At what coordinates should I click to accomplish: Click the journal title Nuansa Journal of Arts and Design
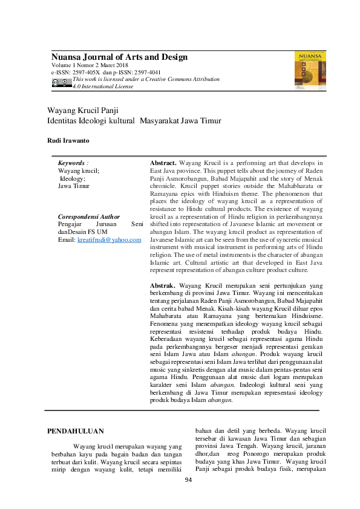coord(119,57)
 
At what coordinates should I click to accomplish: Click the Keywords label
coord(73,163)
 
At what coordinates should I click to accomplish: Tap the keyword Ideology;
coord(72,178)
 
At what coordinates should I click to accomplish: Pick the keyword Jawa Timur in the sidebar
coord(73,186)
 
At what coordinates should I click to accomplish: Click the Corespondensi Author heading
coord(88,216)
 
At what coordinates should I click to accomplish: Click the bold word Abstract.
coord(163,163)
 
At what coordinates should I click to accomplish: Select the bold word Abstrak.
coord(162,285)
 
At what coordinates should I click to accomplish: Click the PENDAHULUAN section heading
coord(75,431)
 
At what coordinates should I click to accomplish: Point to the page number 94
coord(188,480)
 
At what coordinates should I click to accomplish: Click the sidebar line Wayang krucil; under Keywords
coord(78,171)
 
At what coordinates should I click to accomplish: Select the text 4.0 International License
coord(103,86)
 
